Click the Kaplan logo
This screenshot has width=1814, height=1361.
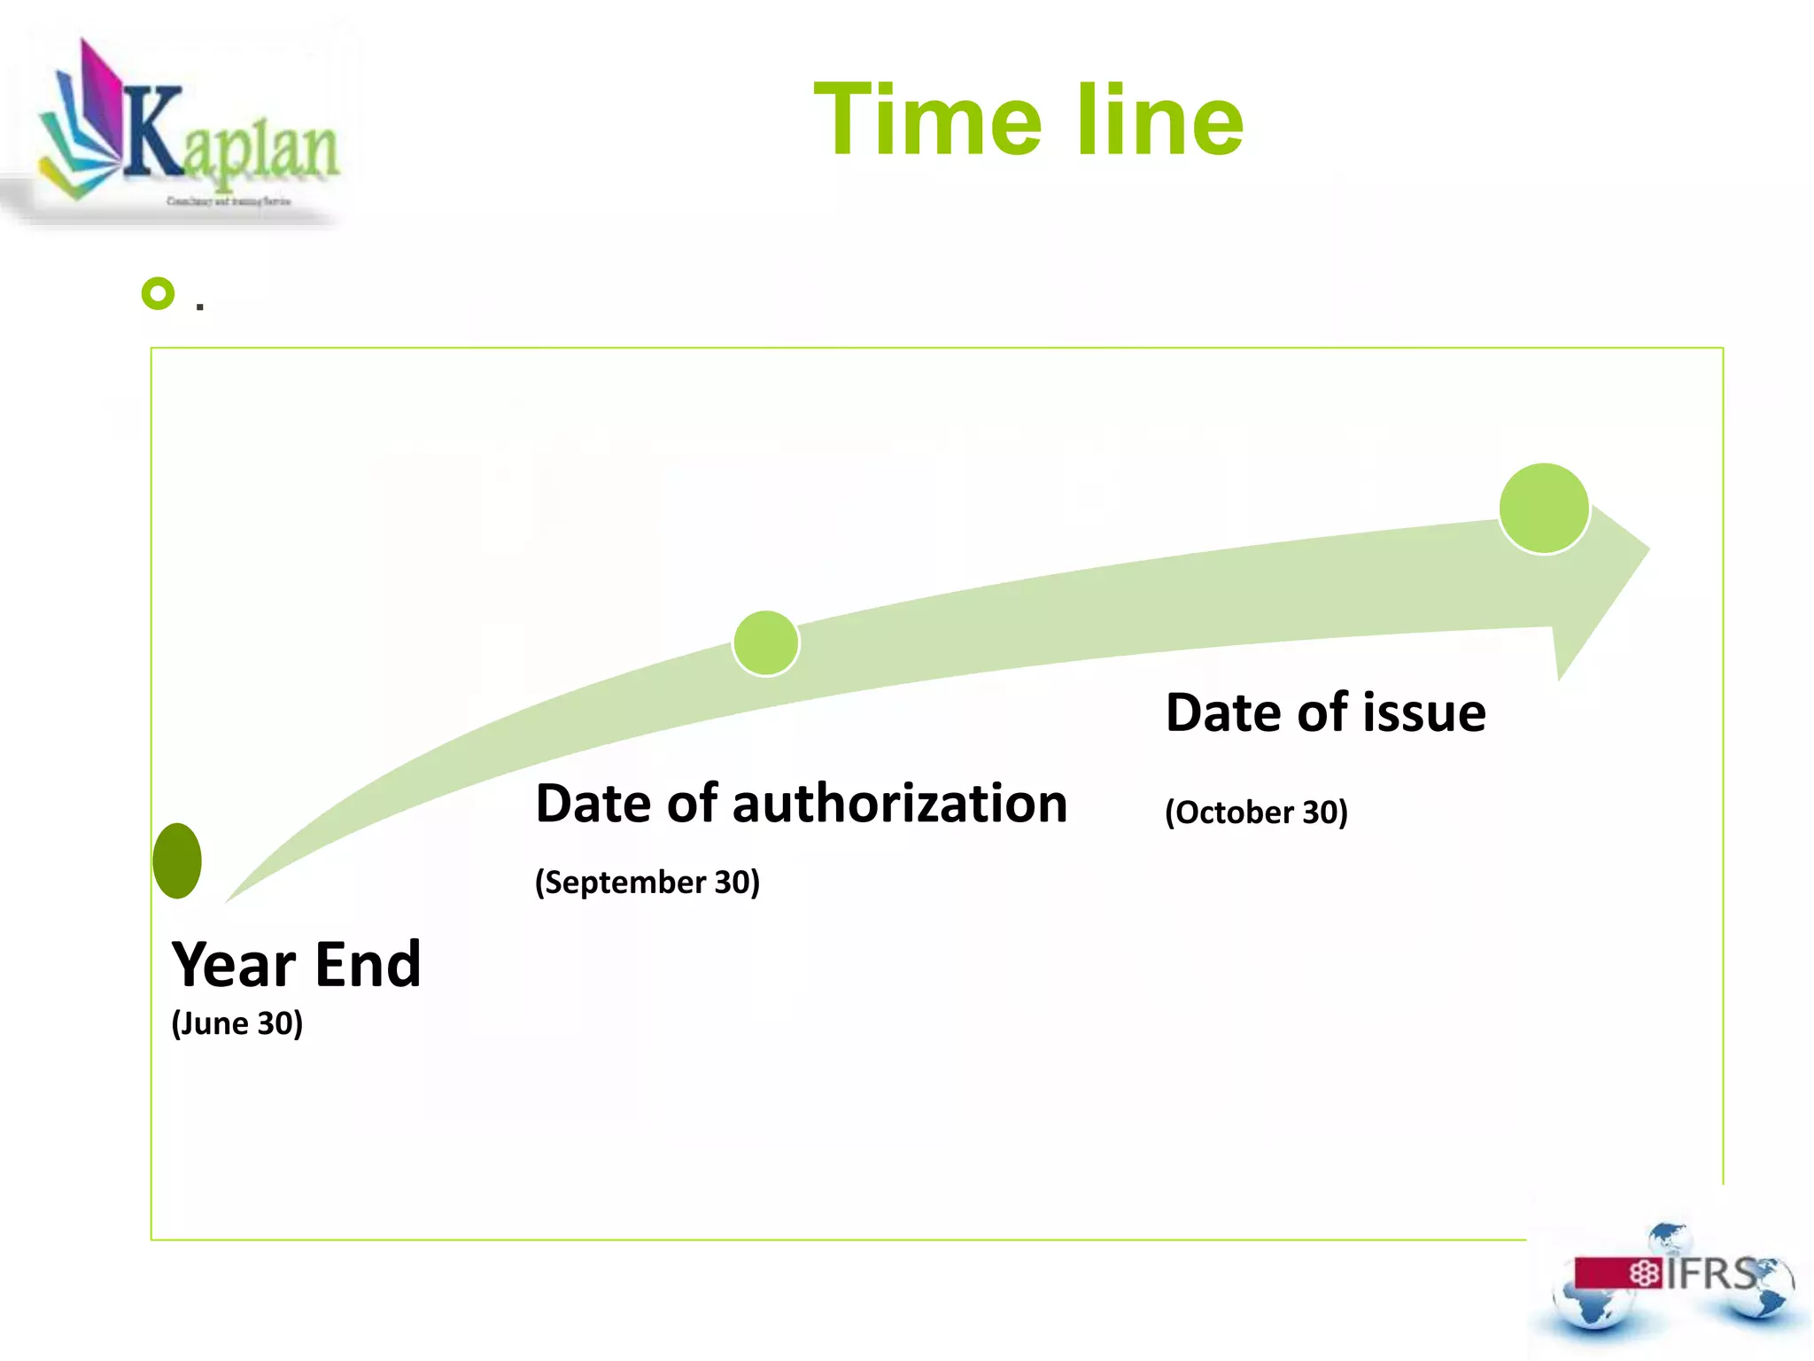coord(186,128)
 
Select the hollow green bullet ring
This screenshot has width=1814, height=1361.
coord(159,293)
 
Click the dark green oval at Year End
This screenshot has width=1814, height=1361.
coord(177,860)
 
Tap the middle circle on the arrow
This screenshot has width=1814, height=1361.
coord(766,643)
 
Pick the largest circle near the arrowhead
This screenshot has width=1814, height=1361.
coord(1544,509)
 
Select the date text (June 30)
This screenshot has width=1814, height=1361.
coord(237,1023)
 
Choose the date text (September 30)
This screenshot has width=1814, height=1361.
coord(647,883)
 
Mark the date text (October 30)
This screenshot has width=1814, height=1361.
coord(1256,813)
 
